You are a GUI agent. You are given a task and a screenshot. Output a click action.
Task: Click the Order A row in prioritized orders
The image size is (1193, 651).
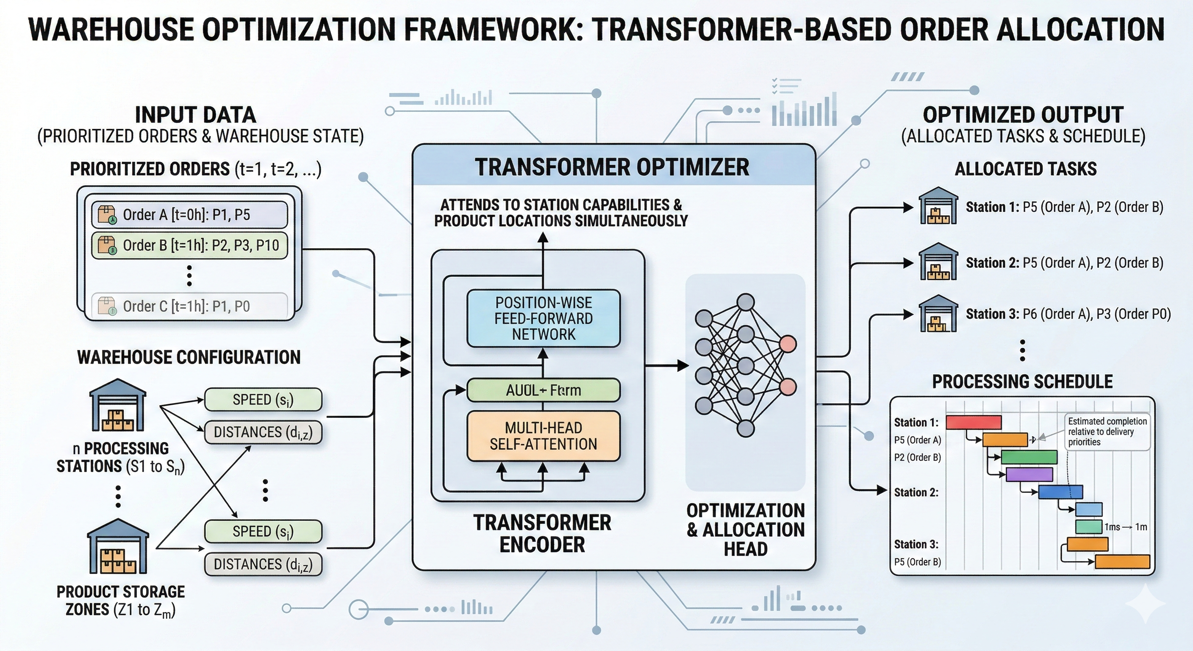coord(189,214)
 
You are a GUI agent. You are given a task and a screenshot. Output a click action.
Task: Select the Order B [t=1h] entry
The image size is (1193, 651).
coord(189,245)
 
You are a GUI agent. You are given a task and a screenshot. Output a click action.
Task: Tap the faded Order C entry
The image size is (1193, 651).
coord(189,306)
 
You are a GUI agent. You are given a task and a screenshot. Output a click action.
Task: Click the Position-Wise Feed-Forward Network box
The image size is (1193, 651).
coord(543,318)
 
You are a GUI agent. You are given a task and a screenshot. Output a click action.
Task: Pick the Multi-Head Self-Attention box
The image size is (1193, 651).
coord(543,436)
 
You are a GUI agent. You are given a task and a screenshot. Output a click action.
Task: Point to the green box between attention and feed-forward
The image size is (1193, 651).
coord(543,390)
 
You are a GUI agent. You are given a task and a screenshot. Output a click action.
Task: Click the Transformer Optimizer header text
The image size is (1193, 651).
coord(612,167)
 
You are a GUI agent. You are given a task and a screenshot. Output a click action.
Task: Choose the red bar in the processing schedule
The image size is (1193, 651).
coord(974,422)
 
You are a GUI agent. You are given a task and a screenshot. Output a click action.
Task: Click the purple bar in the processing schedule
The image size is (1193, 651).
coord(1029,474)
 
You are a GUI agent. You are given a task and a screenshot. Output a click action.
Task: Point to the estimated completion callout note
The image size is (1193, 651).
coord(1107,431)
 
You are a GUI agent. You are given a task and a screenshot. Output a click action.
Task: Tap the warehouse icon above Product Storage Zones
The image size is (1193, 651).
coord(118,546)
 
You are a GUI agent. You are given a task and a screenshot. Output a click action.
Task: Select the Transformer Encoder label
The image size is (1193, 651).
coord(542,533)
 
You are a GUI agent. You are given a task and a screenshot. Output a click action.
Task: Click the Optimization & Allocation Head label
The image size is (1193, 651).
coord(745,530)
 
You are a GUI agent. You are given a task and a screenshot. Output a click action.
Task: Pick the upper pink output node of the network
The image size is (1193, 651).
coord(788,344)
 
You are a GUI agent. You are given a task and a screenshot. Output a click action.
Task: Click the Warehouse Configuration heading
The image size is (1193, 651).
coord(189,357)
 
